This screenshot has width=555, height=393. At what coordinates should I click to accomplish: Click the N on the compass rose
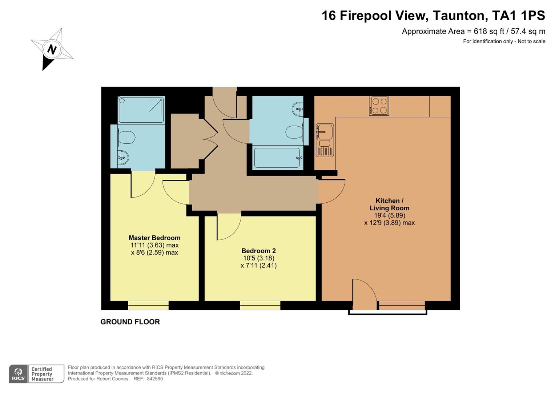pyautogui.click(x=52, y=49)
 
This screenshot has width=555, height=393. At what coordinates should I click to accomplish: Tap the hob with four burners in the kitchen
pyautogui.click(x=379, y=106)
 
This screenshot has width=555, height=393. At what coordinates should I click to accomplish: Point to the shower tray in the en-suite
pyautogui.click(x=141, y=110)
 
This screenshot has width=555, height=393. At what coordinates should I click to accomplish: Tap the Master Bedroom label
pyautogui.click(x=154, y=238)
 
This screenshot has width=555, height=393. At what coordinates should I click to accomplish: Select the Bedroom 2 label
pyautogui.click(x=258, y=251)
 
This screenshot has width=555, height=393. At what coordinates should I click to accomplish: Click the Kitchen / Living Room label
pyautogui.click(x=389, y=205)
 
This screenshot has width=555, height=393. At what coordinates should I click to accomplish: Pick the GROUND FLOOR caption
pyautogui.click(x=130, y=322)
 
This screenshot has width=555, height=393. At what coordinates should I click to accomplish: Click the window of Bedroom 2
pyautogui.click(x=260, y=305)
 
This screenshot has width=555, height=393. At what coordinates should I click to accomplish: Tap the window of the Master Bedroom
pyautogui.click(x=148, y=305)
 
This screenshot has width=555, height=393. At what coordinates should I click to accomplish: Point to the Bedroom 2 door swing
pyautogui.click(x=228, y=227)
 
